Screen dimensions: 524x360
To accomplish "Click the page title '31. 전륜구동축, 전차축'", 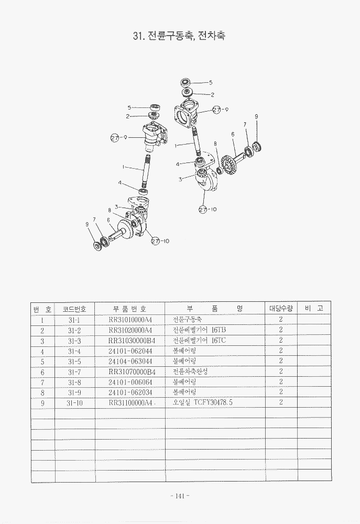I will click(x=180, y=37).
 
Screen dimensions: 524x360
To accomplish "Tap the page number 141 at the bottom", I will click(x=179, y=496).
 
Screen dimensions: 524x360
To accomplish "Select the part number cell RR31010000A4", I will click(x=129, y=320).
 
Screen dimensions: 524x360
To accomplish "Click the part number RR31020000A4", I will click(x=129, y=330).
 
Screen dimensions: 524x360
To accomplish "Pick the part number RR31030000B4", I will click(x=129, y=341).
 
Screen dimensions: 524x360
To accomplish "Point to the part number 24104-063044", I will click(x=129, y=361).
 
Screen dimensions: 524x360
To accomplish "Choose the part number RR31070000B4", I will click(x=129, y=372).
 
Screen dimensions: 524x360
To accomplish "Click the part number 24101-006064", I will click(x=129, y=381).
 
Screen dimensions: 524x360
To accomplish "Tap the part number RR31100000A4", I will click(x=130, y=402).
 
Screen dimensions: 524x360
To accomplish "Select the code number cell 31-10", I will click(x=74, y=402).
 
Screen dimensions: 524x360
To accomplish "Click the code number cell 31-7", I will click(x=74, y=372).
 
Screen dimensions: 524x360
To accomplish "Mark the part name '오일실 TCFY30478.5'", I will click(x=202, y=402).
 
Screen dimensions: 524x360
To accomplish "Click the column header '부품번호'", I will click(x=129, y=309).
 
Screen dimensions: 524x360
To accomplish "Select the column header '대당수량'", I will click(x=281, y=308).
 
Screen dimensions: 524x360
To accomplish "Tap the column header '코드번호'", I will click(x=74, y=309).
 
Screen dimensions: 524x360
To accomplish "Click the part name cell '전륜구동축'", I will click(x=187, y=320).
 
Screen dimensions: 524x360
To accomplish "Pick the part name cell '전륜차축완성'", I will click(x=190, y=372).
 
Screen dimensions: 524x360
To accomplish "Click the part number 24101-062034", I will click(x=129, y=392).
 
